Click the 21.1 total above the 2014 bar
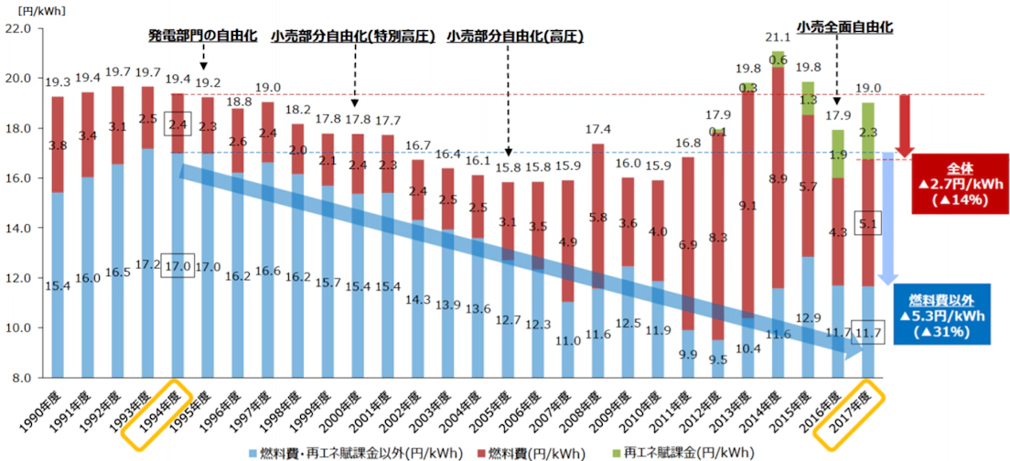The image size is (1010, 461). point(778,38)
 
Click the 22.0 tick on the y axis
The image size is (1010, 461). point(18,29)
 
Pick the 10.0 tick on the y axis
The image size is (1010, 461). point(18,327)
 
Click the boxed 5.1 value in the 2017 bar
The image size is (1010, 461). point(868,220)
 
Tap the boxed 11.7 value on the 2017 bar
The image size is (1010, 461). point(868,335)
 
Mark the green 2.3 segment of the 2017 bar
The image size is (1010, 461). point(868,132)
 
